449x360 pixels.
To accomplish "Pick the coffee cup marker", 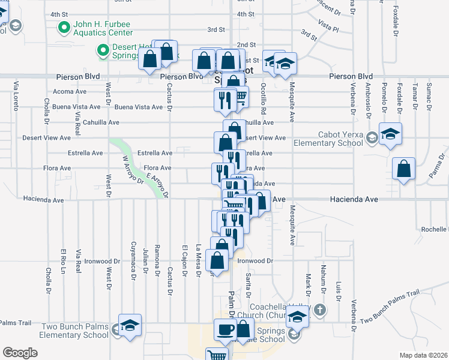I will click(x=226, y=329).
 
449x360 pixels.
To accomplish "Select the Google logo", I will click(x=19, y=353).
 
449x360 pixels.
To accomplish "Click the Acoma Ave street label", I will click(x=70, y=91).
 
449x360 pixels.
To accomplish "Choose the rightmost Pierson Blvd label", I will click(x=351, y=77).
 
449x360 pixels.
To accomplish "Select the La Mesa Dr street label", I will click(x=198, y=261).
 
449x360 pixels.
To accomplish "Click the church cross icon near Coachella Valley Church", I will click(x=321, y=310).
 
